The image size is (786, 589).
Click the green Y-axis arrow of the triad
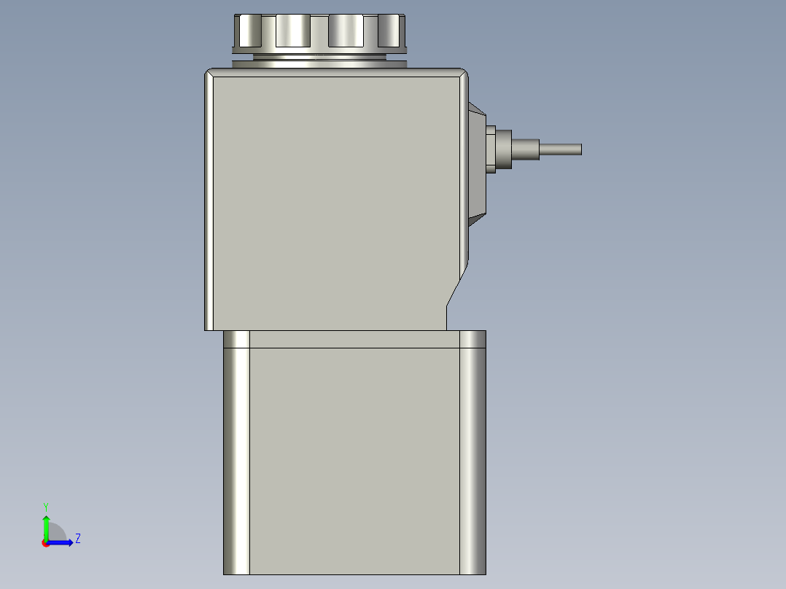click(x=46, y=526)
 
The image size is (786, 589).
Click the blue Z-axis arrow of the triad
click(x=63, y=542)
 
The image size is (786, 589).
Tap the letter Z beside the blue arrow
click(x=77, y=539)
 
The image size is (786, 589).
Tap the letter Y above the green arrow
click(x=46, y=506)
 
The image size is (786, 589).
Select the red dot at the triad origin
click(x=45, y=543)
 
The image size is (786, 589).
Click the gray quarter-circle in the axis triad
click(x=57, y=534)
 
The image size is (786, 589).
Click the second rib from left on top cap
click(x=293, y=31)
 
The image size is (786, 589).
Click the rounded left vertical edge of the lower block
click(x=236, y=452)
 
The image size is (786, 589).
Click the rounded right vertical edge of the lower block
click(x=473, y=452)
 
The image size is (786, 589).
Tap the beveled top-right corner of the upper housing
click(x=463, y=72)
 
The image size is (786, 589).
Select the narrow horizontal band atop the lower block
click(x=354, y=339)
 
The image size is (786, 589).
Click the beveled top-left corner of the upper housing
click(x=209, y=72)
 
